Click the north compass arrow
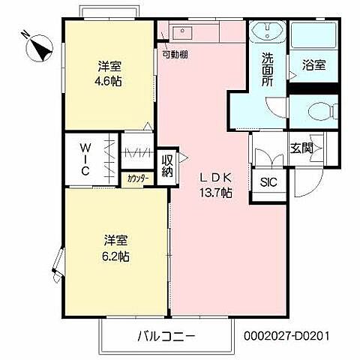point(39,50)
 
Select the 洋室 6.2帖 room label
point(115,247)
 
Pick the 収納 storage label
point(166,164)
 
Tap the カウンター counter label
point(136,178)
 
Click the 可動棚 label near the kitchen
point(175,55)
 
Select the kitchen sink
point(183,32)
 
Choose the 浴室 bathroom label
point(313,64)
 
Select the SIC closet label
point(268,182)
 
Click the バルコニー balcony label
point(166,334)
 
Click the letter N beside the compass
point(25,34)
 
